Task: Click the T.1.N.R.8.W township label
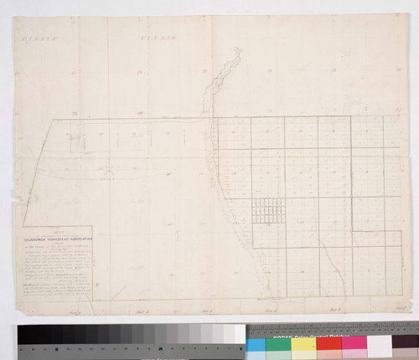pyautogui.click(x=38, y=39)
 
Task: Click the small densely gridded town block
pyautogui.click(x=268, y=211)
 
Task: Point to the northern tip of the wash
pyautogui.click(x=239, y=50)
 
